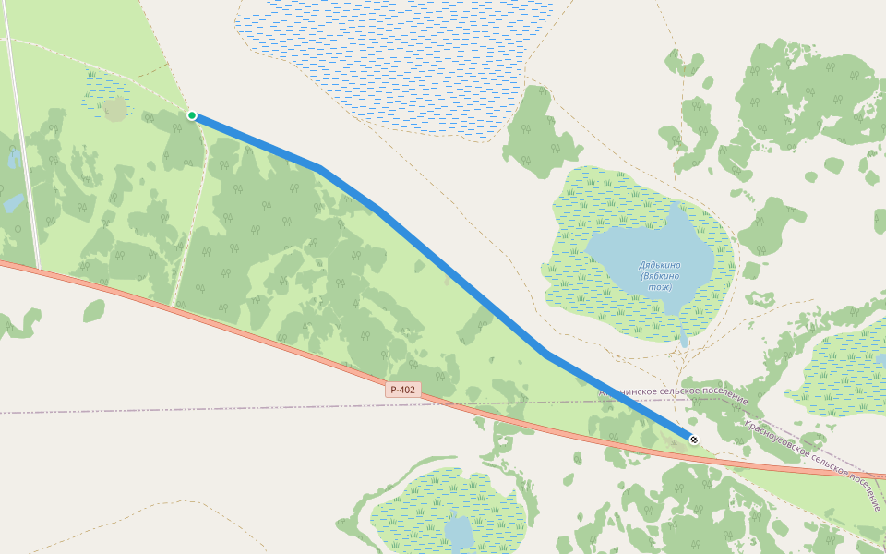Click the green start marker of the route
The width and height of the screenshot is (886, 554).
click(192, 115)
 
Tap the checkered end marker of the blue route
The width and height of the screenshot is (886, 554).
click(693, 439)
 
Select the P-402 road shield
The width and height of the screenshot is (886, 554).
click(403, 390)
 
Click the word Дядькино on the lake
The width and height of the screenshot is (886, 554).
click(658, 266)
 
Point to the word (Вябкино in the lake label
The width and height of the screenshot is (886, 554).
click(659, 276)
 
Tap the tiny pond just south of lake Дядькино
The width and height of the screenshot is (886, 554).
click(684, 340)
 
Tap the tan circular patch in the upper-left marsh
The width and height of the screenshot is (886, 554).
click(115, 109)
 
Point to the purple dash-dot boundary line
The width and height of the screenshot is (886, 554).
click(185, 408)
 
